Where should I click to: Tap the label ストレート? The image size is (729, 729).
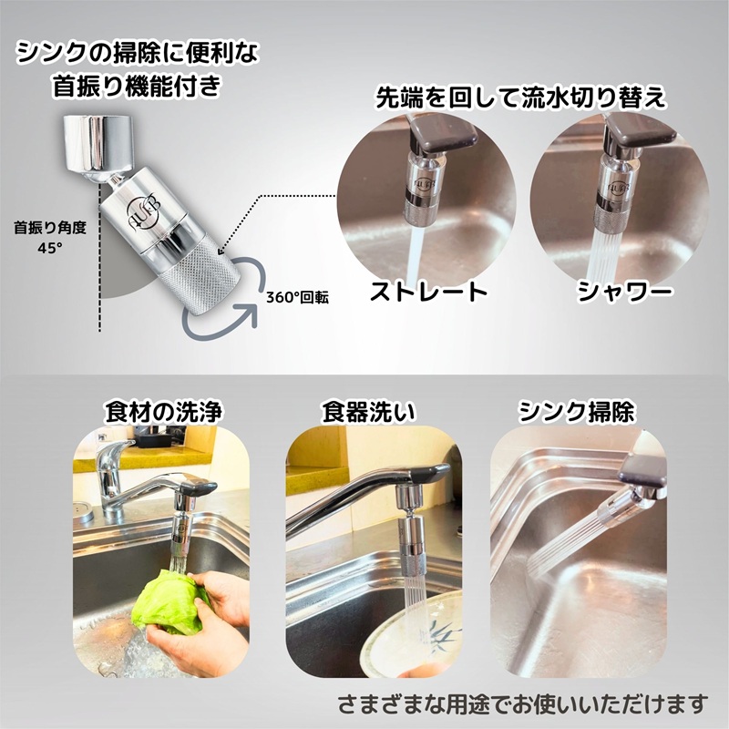pyautogui.click(x=427, y=292)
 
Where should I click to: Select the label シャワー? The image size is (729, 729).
pyautogui.click(x=625, y=292)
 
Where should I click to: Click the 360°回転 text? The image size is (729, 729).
pyautogui.click(x=297, y=297)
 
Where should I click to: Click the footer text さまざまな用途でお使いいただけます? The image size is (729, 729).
pyautogui.click(x=522, y=703)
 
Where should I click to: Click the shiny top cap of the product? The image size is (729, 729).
pyautogui.click(x=98, y=145)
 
